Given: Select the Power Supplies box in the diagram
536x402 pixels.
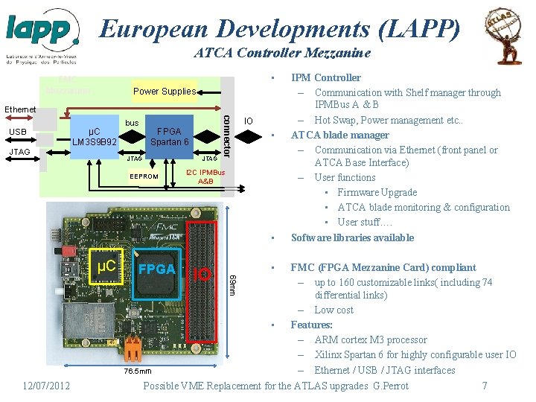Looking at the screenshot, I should click(x=165, y=92).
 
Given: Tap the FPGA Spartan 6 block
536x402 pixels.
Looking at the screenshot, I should click(x=170, y=136).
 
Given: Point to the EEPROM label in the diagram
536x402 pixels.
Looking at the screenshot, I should click(x=144, y=176).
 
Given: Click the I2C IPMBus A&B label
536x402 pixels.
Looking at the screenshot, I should click(x=205, y=177).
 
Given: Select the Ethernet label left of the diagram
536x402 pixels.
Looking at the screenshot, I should click(x=20, y=109).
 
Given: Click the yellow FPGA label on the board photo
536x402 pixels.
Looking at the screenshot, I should click(x=156, y=269).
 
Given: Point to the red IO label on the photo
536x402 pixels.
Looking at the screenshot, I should click(x=202, y=275).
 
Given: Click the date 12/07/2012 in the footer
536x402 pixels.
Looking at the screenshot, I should click(x=46, y=386).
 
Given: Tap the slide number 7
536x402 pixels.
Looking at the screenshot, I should click(x=485, y=386).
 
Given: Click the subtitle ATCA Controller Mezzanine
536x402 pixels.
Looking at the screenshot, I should click(x=281, y=53).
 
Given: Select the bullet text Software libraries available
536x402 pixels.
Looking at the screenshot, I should click(x=352, y=237).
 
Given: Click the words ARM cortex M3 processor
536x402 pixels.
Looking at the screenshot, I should click(x=371, y=339).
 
